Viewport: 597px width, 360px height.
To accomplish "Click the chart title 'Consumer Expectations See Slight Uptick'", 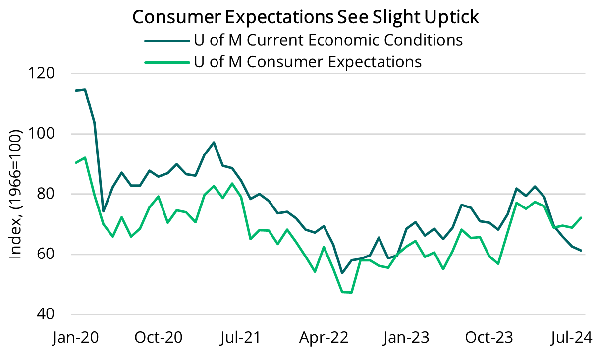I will click(305, 17).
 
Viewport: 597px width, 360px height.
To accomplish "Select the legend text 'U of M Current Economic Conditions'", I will click(327, 40).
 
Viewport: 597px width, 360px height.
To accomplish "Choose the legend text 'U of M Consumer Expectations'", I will click(307, 62).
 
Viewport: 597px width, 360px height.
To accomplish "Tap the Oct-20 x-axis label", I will click(158, 338).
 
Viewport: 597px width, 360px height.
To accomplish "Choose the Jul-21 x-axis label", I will click(240, 338).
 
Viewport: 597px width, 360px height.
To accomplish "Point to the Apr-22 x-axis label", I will click(324, 338).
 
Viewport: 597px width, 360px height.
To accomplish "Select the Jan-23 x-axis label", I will click(406, 338).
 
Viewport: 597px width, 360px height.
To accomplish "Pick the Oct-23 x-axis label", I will click(488, 338).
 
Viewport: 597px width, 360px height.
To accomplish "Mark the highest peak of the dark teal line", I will click(85, 90).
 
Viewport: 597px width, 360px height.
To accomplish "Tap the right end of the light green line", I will click(581, 218).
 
